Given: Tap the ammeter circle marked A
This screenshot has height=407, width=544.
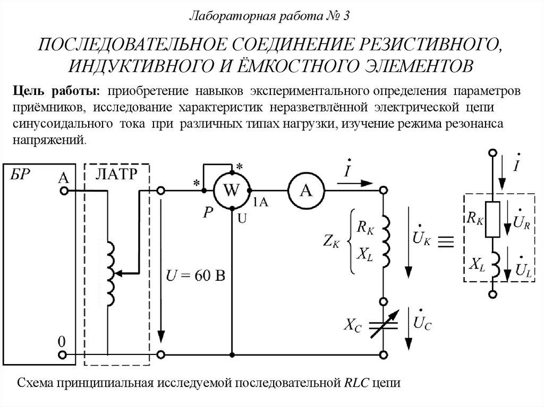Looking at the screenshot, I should tap(306, 190).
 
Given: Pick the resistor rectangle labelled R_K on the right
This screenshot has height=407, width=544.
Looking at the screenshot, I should tap(493, 220).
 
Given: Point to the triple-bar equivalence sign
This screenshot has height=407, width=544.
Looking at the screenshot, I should tap(446, 242).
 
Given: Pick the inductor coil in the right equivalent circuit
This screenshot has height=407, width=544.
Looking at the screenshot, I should tap(493, 264).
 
